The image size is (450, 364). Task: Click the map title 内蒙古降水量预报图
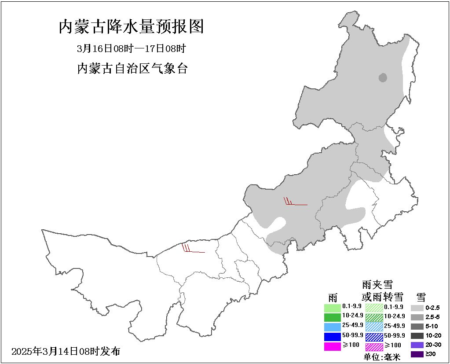tap(132, 27)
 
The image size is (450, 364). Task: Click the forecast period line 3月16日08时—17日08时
tap(131, 48)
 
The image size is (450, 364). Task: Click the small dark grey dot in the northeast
tap(383, 78)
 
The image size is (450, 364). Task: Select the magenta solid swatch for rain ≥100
tap(333, 346)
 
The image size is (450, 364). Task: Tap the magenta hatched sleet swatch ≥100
tap(374, 346)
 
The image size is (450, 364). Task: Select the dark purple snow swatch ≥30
tap(417, 354)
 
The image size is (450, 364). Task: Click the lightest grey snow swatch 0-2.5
tap(417, 308)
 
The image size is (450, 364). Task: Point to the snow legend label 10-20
tap(433, 335)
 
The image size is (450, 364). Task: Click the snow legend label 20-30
tap(433, 345)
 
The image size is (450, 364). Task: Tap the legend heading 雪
tap(421, 296)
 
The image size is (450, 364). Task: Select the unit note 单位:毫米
tap(382, 357)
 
